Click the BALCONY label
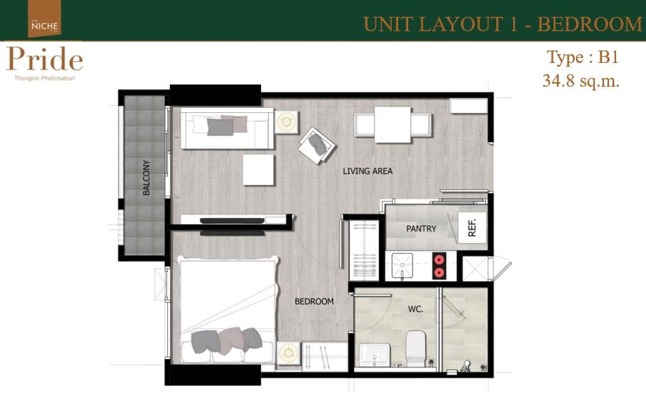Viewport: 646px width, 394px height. [146, 178]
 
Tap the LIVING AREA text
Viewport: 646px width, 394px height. [368, 171]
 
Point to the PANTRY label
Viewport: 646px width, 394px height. [421, 229]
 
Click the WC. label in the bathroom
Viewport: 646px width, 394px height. [415, 309]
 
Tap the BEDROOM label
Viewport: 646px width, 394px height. [314, 301]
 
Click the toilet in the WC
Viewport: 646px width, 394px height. [416, 348]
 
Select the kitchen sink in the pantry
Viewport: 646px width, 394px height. [402, 266]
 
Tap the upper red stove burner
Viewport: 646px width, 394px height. [439, 260]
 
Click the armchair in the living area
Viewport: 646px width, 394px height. [316, 145]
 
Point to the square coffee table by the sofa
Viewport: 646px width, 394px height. [258, 170]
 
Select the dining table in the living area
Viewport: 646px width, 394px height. [393, 125]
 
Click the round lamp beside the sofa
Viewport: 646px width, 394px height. [286, 122]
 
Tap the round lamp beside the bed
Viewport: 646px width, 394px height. [288, 353]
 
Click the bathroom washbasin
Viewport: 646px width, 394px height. [374, 355]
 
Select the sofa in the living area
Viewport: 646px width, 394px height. [227, 128]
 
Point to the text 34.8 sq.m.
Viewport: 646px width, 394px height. [581, 80]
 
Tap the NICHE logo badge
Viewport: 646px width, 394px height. [44, 19]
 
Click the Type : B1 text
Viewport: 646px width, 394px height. [582, 57]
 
